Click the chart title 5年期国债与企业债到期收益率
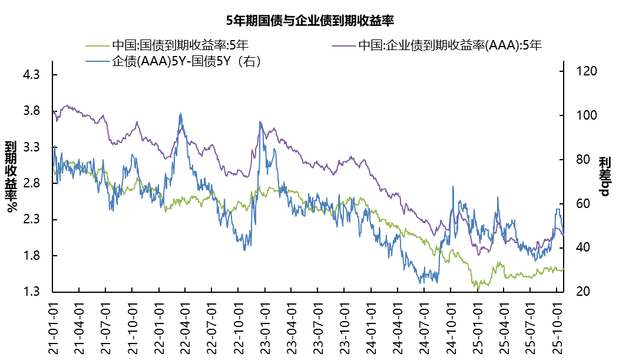pos(310,21)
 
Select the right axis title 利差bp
pos(605,177)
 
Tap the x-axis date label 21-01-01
pos(52,327)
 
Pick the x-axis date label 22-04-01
pos(185,327)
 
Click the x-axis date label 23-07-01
pos(317,327)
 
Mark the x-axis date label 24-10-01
pos(450,327)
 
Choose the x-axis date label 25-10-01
pos(556,327)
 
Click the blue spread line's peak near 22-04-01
pos(180,114)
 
